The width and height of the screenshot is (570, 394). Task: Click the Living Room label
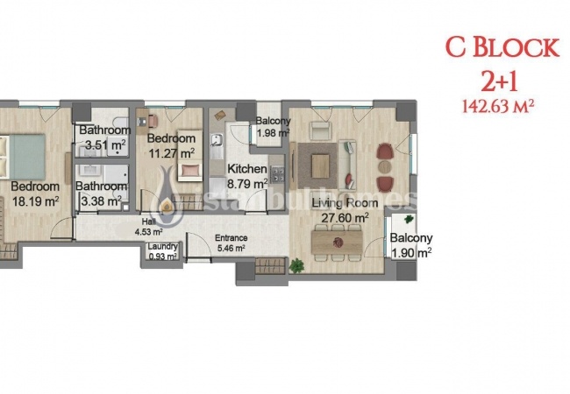[x=346, y=203]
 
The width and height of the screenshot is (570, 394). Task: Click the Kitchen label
[x=246, y=169]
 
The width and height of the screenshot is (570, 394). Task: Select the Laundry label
[x=163, y=247]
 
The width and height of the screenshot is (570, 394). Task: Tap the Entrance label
[x=231, y=238]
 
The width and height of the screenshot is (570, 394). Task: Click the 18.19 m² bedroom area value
[x=34, y=201]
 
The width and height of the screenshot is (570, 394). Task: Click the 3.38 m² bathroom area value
[x=98, y=201]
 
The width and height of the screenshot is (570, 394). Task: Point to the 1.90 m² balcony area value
[x=411, y=253]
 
